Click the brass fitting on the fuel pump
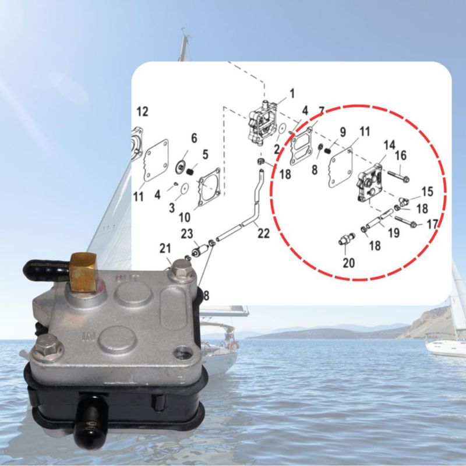pyautogui.click(x=83, y=272)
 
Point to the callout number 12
pyautogui.click(x=142, y=112)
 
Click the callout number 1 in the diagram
pyautogui.click(x=292, y=93)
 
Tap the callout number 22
pyautogui.click(x=264, y=234)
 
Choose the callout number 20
pyautogui.click(x=348, y=263)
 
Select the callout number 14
pyautogui.click(x=389, y=145)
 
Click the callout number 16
pyautogui.click(x=401, y=155)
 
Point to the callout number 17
pyautogui.click(x=432, y=224)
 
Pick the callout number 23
pyautogui.click(x=187, y=234)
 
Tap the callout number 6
pyautogui.click(x=194, y=138)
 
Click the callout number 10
pyautogui.click(x=184, y=217)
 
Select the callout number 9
pyautogui.click(x=343, y=132)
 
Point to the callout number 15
pyautogui.click(x=427, y=192)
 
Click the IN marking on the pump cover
pyautogui.click(x=89, y=337)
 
